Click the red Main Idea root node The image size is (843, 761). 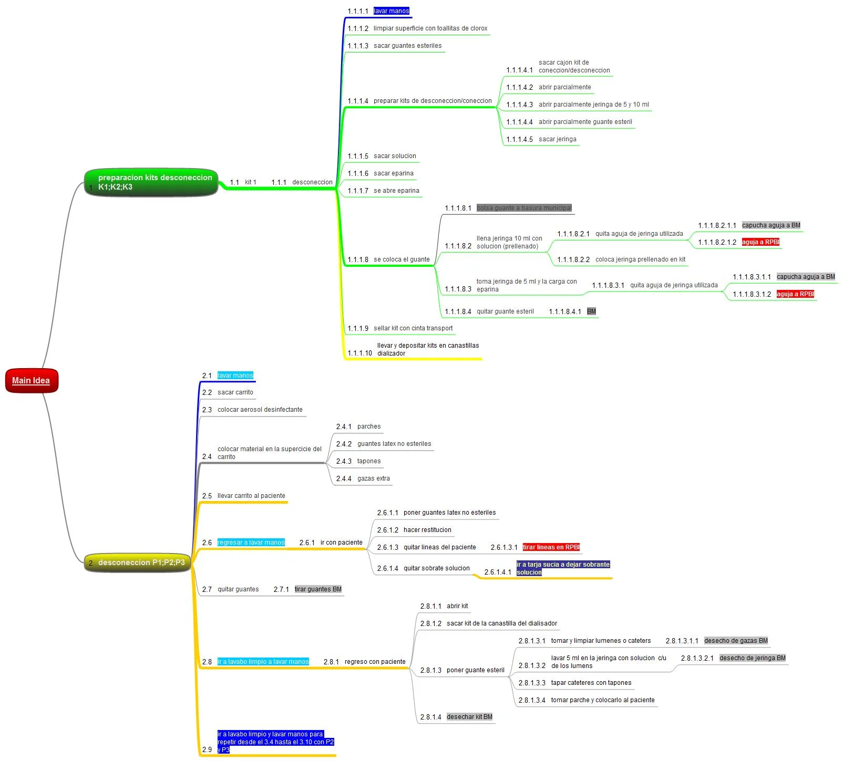[31, 381]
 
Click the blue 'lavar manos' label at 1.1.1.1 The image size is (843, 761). [391, 11]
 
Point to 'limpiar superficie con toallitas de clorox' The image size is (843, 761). [430, 28]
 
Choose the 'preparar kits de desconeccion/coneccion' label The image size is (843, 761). [433, 101]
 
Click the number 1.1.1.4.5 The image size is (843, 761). [519, 139]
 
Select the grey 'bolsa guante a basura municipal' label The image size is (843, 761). [524, 208]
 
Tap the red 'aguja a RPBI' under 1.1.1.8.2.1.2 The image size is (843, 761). [760, 242]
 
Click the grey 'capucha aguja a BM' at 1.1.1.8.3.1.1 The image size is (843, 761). [806, 277]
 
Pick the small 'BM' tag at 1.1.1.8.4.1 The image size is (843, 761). [591, 311]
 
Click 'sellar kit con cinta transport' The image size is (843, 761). [413, 328]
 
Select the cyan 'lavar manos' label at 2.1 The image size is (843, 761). [235, 376]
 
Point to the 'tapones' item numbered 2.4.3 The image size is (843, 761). [369, 461]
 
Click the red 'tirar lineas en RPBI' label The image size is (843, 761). [551, 547]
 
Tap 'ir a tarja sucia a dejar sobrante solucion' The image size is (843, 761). [563, 568]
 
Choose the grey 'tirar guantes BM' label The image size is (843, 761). [318, 589]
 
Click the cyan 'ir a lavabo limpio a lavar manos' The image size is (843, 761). [263, 662]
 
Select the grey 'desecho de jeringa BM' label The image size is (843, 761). [753, 658]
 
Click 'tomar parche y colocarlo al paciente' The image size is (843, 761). [603, 700]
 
